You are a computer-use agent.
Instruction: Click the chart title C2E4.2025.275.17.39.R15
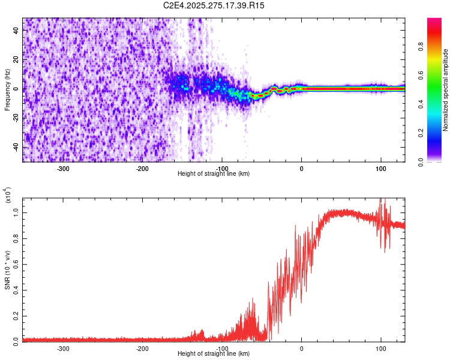coord(214,5)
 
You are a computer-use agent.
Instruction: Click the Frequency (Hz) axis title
coord(7,90)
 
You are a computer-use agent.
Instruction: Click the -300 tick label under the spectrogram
coord(64,168)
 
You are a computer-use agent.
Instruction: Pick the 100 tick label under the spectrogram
coord(380,168)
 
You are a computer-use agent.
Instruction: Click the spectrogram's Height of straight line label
coord(214,174)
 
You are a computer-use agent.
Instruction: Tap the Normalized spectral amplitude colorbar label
coord(446,90)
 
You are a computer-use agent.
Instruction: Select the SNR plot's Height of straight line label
coord(214,354)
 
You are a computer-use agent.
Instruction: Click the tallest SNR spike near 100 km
coord(380,200)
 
